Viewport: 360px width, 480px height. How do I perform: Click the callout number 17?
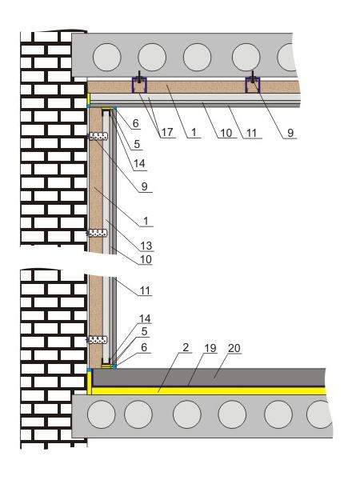167,133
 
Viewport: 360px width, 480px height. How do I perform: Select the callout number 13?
146,246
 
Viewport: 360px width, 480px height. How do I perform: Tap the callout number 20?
234,348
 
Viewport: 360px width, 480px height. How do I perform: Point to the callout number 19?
210,348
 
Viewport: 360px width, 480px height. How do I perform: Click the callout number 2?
186,347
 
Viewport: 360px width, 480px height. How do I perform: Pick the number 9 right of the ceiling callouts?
290,133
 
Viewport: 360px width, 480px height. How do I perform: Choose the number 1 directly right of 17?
194,133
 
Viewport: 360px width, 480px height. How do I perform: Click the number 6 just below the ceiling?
136,123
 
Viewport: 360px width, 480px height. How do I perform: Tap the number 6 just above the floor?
143,347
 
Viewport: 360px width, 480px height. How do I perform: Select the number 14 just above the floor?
145,318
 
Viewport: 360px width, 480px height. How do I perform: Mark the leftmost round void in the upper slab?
107,58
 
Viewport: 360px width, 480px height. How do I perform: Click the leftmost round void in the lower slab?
102,414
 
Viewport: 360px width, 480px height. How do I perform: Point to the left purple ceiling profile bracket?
139,85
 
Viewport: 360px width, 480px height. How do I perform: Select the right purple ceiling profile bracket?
253,85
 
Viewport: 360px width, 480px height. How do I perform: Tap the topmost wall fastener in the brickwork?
98,136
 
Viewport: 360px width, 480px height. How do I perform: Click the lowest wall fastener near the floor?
98,340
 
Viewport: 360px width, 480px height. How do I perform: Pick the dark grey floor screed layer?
209,378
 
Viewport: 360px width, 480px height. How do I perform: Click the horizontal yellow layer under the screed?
209,391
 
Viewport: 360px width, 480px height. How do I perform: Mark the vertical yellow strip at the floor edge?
90,382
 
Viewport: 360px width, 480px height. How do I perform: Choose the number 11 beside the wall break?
145,290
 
